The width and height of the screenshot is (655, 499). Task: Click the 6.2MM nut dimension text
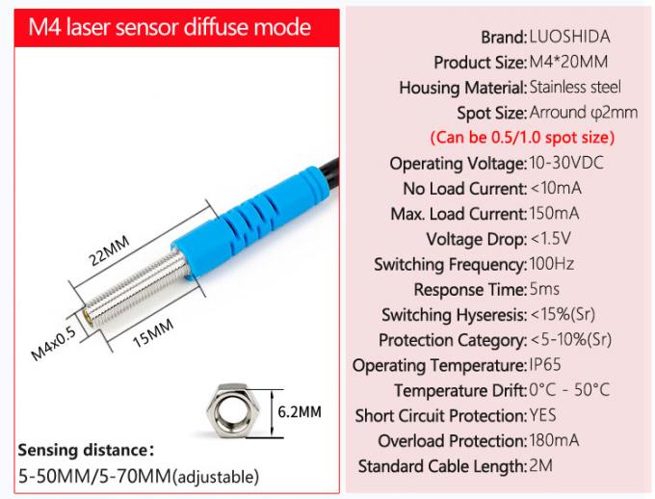point(299,411)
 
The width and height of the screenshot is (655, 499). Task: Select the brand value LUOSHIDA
point(569,38)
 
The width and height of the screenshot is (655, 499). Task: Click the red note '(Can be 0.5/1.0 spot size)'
point(521,137)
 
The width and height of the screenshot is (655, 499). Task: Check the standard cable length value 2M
point(541,466)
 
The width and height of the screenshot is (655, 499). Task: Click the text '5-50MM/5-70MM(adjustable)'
point(138,476)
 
